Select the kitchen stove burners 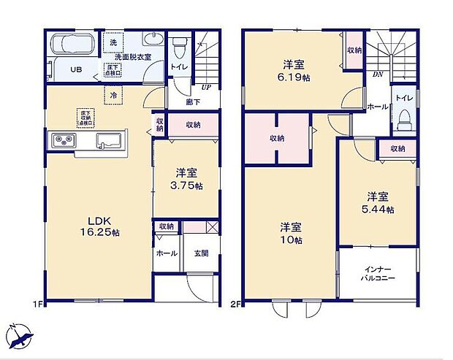tap(61, 139)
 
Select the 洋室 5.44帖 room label tap(380, 203)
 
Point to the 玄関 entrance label tap(201, 253)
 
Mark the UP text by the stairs tap(208, 87)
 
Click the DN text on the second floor tap(378, 74)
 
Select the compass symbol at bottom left tap(22, 337)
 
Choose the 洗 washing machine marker tap(113, 42)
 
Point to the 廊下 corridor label tap(192, 102)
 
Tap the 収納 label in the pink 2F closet tap(277, 138)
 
